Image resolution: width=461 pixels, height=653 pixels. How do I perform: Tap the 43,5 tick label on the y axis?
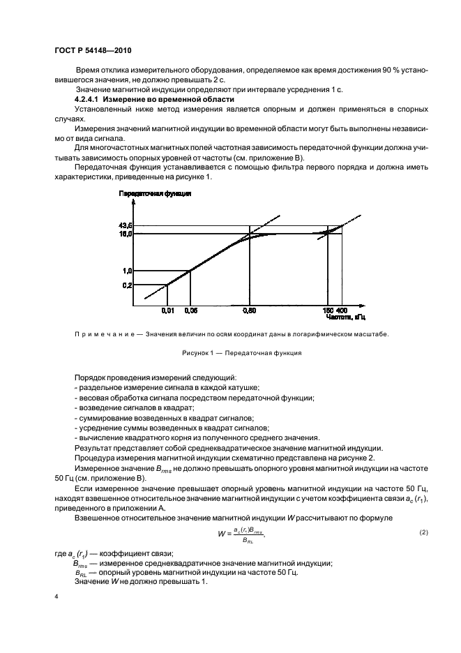[x=126, y=225]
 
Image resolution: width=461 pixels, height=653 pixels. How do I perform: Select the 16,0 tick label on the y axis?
[x=126, y=234]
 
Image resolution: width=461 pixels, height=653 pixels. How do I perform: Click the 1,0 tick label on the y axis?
[x=128, y=271]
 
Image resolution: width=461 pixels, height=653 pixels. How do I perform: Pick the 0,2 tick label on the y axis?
[x=128, y=285]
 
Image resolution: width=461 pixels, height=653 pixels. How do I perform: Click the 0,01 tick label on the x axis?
[x=168, y=310]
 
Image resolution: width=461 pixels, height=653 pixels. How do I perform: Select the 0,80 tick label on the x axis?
[x=250, y=310]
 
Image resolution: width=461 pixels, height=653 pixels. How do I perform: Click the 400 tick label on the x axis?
[x=342, y=310]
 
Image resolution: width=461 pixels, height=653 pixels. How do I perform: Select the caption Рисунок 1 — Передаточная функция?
[x=241, y=353]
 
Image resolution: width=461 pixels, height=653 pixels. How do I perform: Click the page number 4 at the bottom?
[x=56, y=598]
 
